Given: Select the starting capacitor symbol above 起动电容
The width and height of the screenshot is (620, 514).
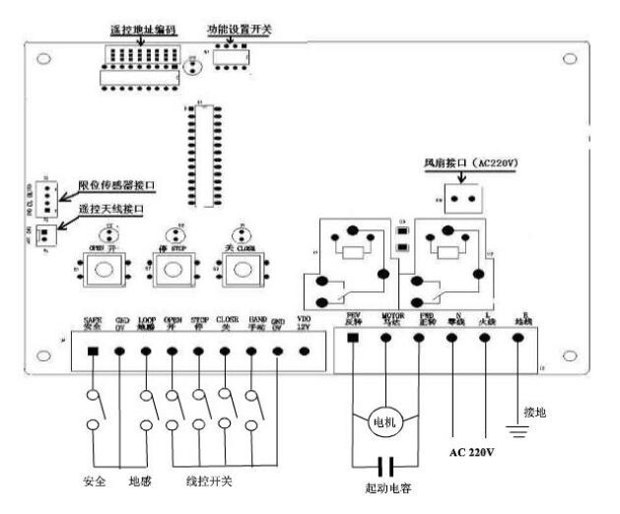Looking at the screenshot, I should click(385, 464).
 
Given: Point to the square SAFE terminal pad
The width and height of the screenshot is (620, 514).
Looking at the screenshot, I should click(95, 351).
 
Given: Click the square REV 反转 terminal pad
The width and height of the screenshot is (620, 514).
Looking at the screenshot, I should click(353, 338).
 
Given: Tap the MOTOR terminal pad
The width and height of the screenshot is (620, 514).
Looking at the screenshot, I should click(385, 338).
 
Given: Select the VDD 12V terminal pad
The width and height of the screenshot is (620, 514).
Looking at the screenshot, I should click(303, 351).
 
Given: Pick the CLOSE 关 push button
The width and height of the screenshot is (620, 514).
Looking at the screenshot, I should click(237, 271).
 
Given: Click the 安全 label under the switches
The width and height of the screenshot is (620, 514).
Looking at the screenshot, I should click(95, 482).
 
